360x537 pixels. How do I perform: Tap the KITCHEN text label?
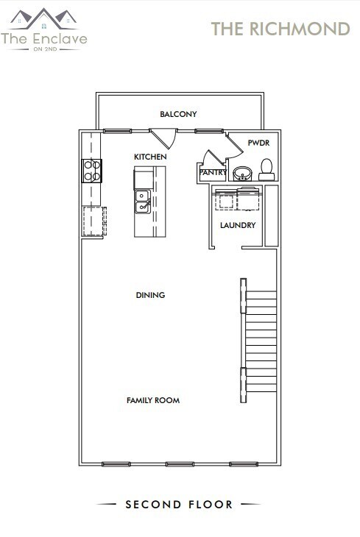(149, 157)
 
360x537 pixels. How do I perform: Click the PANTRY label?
(213, 173)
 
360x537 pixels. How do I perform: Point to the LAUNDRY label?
(238, 225)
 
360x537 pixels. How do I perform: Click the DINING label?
(150, 295)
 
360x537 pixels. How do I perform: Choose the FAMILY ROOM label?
(153, 400)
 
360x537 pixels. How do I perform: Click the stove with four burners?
(91, 171)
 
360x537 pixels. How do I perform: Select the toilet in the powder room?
(267, 169)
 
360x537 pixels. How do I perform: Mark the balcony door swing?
(166, 138)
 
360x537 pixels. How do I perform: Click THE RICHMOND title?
(280, 29)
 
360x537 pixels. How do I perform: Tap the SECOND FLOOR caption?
(179, 505)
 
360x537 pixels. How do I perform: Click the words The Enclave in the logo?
(44, 38)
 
